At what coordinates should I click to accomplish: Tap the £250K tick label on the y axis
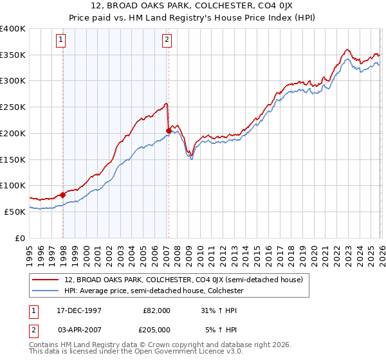click(13, 107)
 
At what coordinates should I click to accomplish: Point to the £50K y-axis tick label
click(15, 212)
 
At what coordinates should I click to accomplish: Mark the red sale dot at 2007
click(168, 130)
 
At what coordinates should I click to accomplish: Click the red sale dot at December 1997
click(63, 195)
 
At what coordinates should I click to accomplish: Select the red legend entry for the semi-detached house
click(187, 280)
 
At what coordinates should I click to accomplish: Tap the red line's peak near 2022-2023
click(347, 49)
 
